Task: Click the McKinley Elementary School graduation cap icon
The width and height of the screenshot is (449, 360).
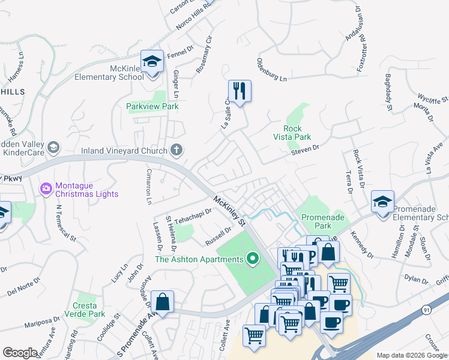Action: pyautogui.click(x=152, y=62)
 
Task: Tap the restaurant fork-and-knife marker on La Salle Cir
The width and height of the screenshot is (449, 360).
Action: pyautogui.click(x=240, y=91)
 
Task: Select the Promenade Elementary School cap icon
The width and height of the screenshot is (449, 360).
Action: pyautogui.click(x=382, y=202)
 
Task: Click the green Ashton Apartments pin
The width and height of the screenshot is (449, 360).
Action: pyautogui.click(x=253, y=259)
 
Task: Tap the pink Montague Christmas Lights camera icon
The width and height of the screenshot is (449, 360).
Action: pyautogui.click(x=46, y=189)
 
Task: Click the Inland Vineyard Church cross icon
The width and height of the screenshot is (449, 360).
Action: pyautogui.click(x=176, y=149)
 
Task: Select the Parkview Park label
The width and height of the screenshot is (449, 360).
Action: pyautogui.click(x=152, y=106)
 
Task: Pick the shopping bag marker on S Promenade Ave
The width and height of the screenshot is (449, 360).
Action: pyautogui.click(x=162, y=301)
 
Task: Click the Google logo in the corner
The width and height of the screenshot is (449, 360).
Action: pyautogui.click(x=20, y=353)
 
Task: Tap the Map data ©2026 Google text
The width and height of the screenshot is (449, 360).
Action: pyautogui.click(x=412, y=355)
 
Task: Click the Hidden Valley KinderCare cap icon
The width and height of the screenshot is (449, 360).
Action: pyautogui.click(x=53, y=147)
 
